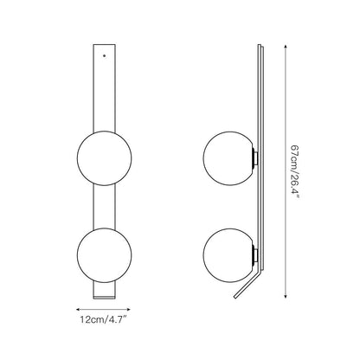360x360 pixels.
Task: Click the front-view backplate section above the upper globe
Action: click(104, 87)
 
